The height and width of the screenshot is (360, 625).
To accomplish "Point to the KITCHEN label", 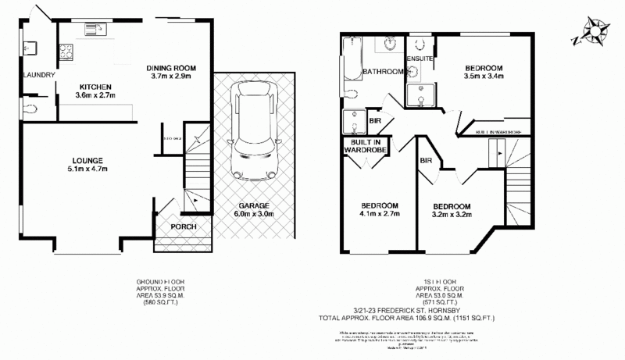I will pos(95,86).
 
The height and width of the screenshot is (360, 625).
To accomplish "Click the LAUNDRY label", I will pos(39,75).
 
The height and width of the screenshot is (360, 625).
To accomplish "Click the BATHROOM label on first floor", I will pos(383,72).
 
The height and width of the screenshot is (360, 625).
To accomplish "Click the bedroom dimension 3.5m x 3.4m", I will pos(482,77).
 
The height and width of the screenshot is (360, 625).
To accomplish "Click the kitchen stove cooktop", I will pos(67,52).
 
